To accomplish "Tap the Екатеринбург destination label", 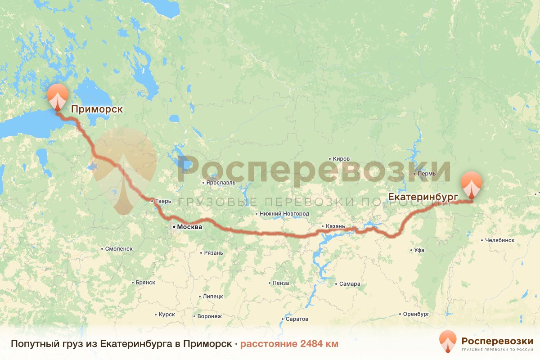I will (x=423, y=197).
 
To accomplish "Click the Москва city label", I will (x=189, y=227).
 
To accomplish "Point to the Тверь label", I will (x=163, y=202).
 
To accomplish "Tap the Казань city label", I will (x=336, y=226).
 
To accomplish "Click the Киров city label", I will (x=341, y=159).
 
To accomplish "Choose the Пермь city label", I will (x=426, y=174).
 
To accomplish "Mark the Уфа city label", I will (x=419, y=250).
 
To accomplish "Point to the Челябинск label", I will (x=499, y=240).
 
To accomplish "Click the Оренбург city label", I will (x=417, y=313).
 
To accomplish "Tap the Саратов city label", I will (x=297, y=319).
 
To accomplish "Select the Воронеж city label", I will (x=210, y=316).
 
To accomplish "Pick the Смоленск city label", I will (x=119, y=248).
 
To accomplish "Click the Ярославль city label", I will (x=221, y=183).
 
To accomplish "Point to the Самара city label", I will (x=350, y=284).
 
